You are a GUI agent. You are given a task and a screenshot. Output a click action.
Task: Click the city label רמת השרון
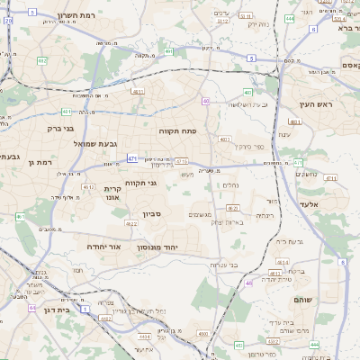point(52,15)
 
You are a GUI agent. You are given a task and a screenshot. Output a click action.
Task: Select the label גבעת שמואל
point(75,143)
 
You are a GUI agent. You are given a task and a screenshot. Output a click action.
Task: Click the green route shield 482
point(42,60)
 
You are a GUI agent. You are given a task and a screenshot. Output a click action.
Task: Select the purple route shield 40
point(206,101)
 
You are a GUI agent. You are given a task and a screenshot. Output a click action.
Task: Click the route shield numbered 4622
point(131,222)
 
